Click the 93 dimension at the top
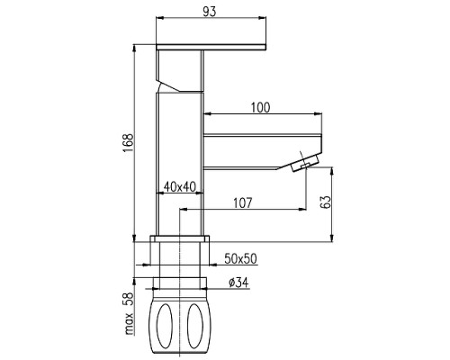click(x=210, y=12)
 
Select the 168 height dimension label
click(x=129, y=143)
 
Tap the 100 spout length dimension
click(x=260, y=107)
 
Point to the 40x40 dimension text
click(x=179, y=187)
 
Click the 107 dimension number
click(x=243, y=203)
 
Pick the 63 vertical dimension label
click(x=326, y=202)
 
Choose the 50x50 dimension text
click(x=241, y=259)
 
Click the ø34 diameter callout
click(x=238, y=283)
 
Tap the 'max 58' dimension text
click(x=129, y=313)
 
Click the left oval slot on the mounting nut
click(x=165, y=327)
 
